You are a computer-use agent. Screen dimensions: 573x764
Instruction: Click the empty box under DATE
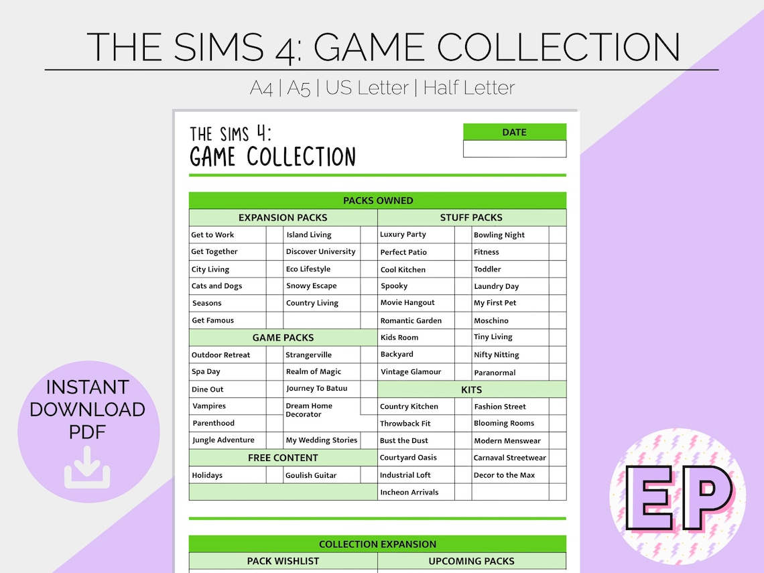[x=514, y=149]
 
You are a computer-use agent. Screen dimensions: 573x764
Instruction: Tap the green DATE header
[x=514, y=132]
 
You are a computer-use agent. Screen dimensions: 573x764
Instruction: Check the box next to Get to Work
[x=274, y=235]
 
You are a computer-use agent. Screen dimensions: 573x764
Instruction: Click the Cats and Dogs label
[x=216, y=286]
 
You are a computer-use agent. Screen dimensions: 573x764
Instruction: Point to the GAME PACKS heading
[x=283, y=338]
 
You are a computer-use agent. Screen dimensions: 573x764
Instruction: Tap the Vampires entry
[x=209, y=406]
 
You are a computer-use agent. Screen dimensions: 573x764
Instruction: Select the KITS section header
[x=472, y=389]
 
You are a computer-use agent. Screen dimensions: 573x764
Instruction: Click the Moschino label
[x=491, y=320]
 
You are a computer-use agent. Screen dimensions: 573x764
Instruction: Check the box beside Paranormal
[x=558, y=372]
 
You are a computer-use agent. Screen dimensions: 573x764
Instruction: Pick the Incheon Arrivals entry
[x=409, y=492]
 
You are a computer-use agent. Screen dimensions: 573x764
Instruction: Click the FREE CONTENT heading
[x=283, y=458]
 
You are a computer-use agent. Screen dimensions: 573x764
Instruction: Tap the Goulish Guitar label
[x=311, y=475]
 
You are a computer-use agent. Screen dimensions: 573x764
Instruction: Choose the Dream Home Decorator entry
[x=309, y=410]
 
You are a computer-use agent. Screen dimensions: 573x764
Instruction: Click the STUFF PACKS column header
[x=471, y=218]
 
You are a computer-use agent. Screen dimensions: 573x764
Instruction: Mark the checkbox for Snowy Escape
[x=369, y=286]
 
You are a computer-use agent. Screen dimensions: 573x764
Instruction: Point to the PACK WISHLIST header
[x=283, y=561]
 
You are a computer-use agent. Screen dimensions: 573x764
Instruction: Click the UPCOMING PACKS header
[x=471, y=561]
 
